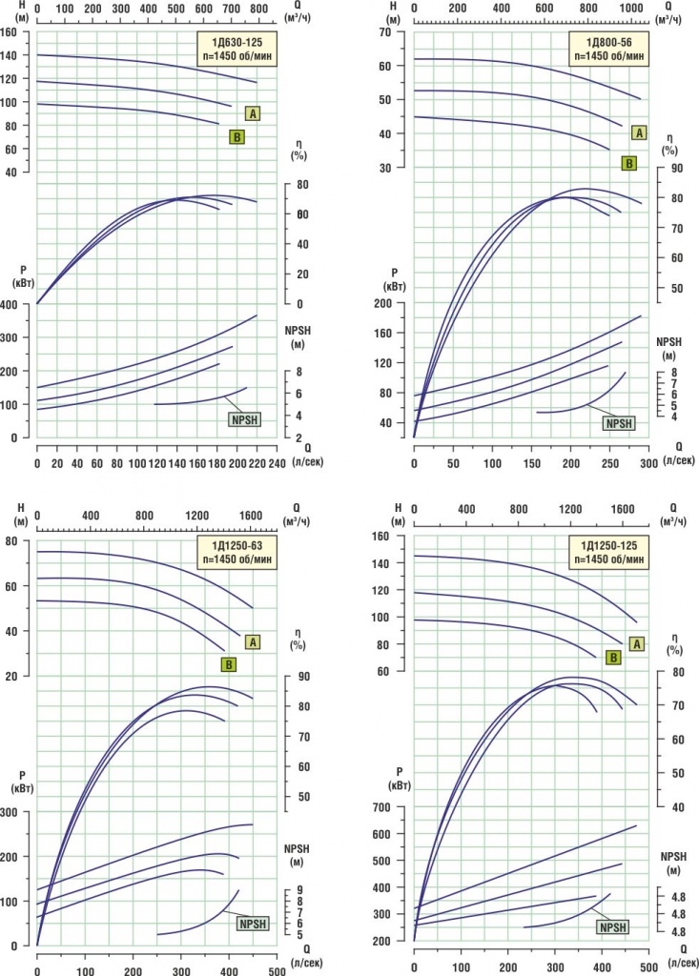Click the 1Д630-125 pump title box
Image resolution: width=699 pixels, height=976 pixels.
pos(236,48)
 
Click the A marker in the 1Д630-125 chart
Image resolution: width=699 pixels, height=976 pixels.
pos(253,113)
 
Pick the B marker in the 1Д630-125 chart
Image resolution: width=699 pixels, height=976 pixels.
pos(236,137)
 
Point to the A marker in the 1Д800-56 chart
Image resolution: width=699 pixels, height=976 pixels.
pos(638,132)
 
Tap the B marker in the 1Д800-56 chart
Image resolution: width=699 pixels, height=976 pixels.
pos(628,163)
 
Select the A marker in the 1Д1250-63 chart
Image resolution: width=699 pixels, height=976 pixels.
pos(253,641)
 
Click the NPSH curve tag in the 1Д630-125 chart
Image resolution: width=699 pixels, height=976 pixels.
pos(244,418)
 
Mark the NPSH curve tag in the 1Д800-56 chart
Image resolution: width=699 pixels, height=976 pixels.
pos(619,423)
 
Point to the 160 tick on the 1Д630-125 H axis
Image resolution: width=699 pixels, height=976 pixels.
pos(10,31)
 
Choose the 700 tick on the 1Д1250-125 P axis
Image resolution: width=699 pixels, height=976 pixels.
pos(390,807)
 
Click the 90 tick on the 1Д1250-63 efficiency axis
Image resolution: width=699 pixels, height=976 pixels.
pos(301,677)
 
